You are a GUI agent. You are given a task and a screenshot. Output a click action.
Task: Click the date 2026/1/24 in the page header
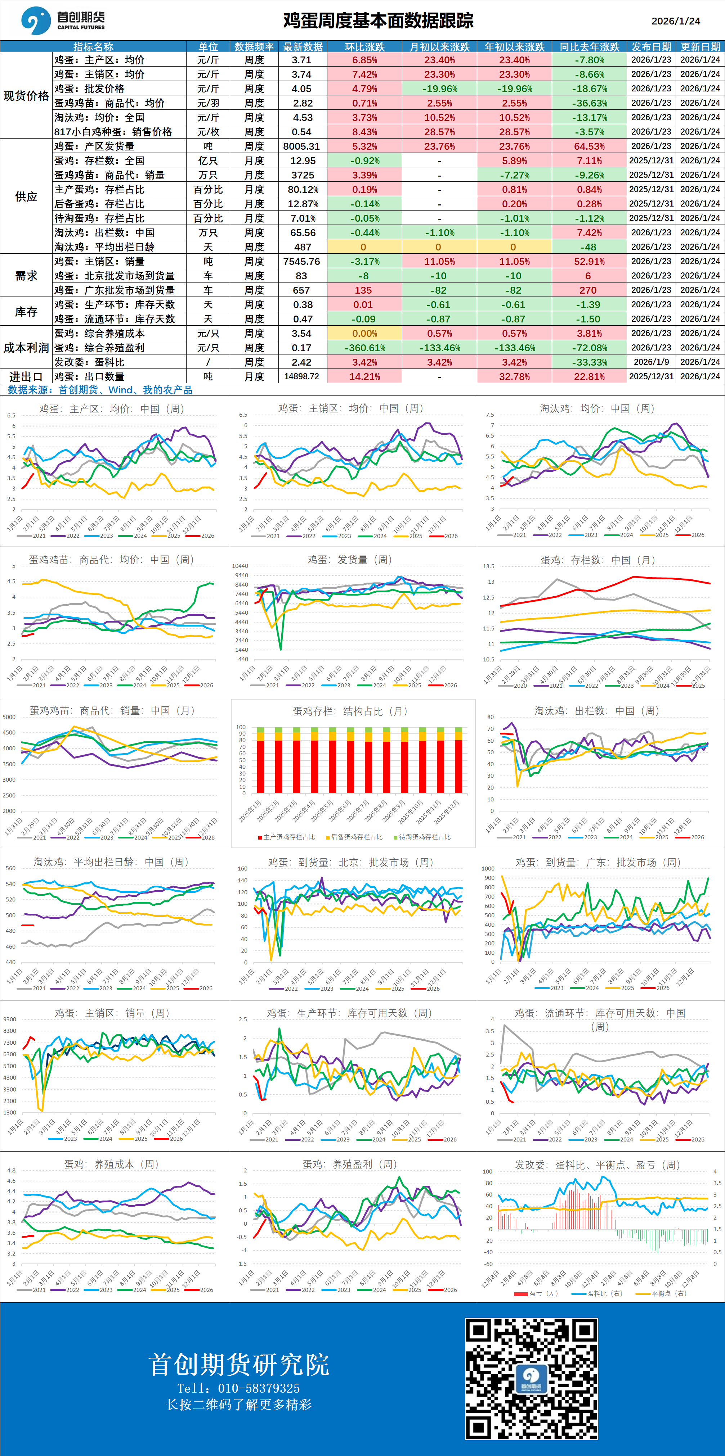(x=675, y=21)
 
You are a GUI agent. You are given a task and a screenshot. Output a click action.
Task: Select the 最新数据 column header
(x=303, y=47)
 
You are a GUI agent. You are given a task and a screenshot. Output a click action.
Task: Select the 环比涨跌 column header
(x=365, y=47)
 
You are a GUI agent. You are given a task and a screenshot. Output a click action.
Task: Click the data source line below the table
(x=100, y=390)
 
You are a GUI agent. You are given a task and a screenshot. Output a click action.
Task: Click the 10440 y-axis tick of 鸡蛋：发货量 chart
(x=240, y=566)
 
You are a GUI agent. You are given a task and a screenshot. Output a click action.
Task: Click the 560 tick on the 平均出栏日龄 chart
(x=11, y=868)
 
